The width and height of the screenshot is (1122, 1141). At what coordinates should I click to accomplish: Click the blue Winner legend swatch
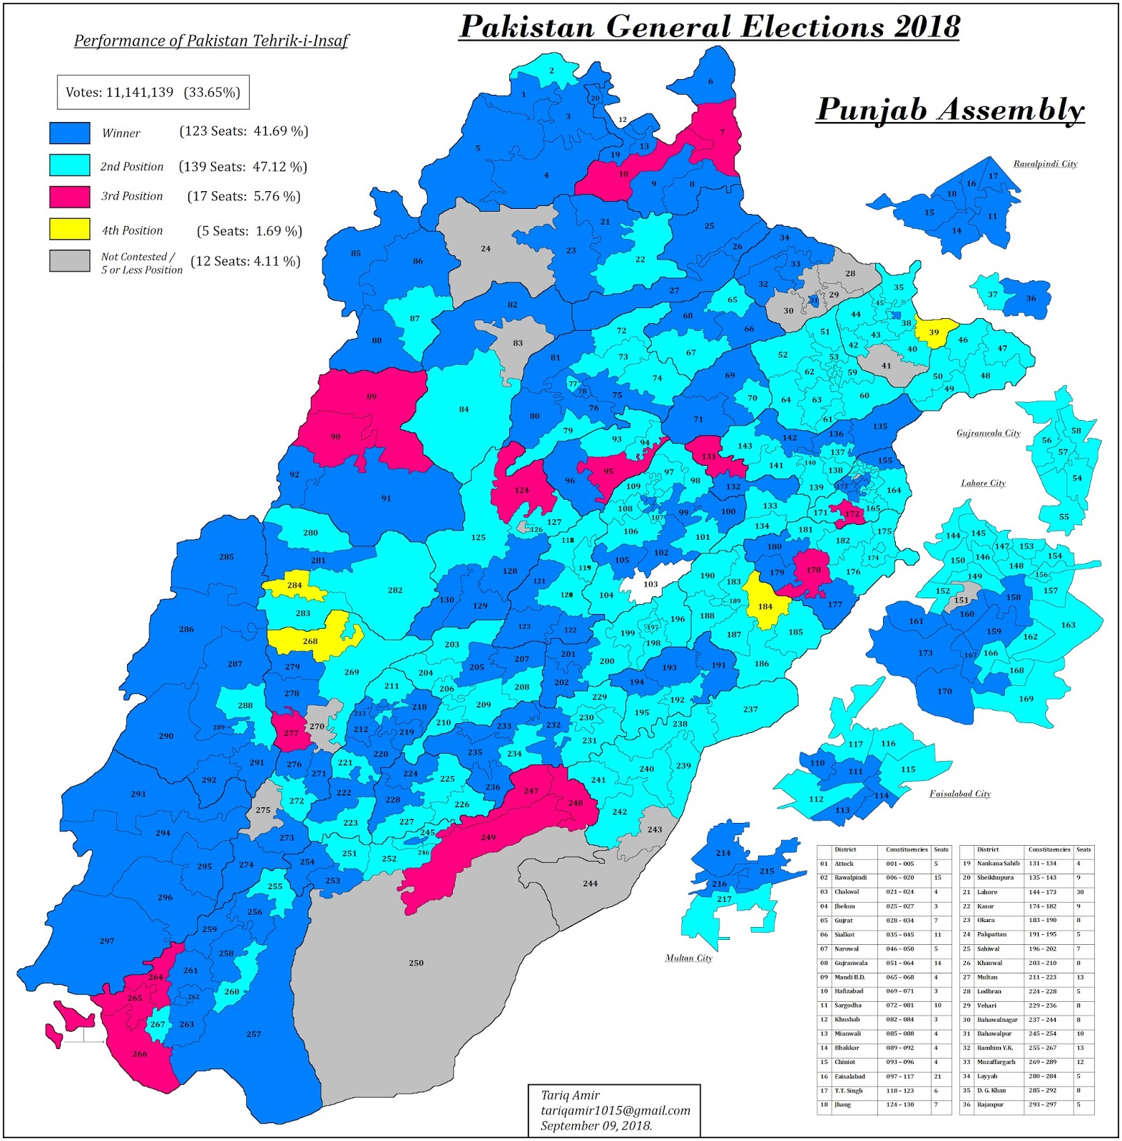pyautogui.click(x=69, y=133)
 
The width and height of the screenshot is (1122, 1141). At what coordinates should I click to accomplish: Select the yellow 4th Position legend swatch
pyautogui.click(x=69, y=229)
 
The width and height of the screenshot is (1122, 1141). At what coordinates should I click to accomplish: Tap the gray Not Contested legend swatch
pyautogui.click(x=69, y=261)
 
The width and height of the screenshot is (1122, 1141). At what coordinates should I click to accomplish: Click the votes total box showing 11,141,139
pyautogui.click(x=153, y=92)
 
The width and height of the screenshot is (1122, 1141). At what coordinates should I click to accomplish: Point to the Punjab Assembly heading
pyautogui.click(x=949, y=110)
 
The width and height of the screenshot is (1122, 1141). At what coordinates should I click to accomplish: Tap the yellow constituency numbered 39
pyautogui.click(x=934, y=332)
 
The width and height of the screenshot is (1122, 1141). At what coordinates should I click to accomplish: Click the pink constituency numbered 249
pyautogui.click(x=488, y=837)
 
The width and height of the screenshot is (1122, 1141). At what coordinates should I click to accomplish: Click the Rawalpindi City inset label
pyautogui.click(x=1045, y=164)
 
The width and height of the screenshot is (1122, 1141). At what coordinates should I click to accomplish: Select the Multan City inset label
pyautogui.click(x=688, y=958)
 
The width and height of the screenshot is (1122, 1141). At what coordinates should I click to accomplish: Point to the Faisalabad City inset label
pyautogui.click(x=959, y=794)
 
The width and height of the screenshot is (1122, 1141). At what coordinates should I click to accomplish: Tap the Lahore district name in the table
pyautogui.click(x=987, y=892)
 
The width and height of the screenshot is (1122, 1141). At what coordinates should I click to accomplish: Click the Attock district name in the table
pyautogui.click(x=844, y=864)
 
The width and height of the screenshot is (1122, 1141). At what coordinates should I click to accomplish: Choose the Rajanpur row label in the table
pyautogui.click(x=990, y=1105)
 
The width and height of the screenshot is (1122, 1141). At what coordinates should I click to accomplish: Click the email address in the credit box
pyautogui.click(x=615, y=1110)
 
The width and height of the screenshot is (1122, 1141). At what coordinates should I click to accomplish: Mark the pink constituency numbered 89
pyautogui.click(x=371, y=396)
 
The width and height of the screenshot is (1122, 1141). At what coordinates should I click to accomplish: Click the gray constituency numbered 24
pyautogui.click(x=485, y=249)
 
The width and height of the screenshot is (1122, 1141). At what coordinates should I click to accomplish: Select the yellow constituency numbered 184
pyautogui.click(x=765, y=606)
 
